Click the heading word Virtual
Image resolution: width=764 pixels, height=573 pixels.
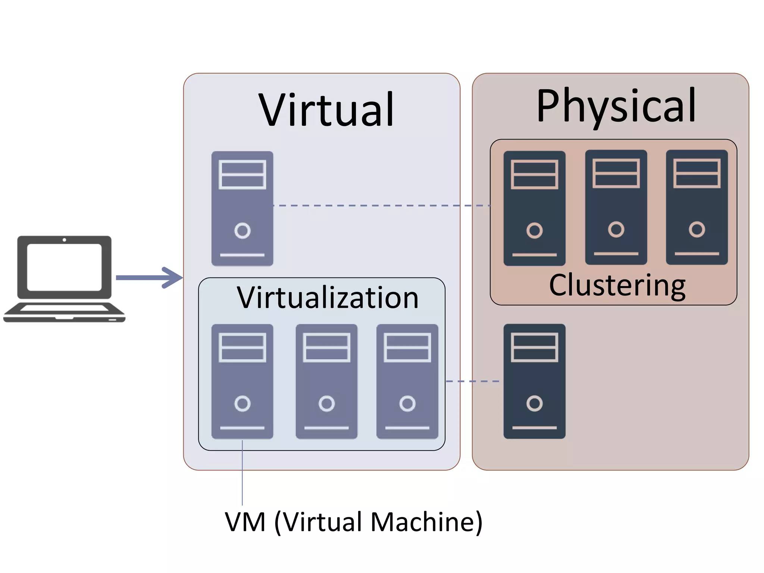(326, 110)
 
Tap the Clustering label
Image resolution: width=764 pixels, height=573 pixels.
(617, 285)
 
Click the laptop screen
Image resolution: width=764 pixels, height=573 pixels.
(64, 267)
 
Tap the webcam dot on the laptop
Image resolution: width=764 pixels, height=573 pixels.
(64, 240)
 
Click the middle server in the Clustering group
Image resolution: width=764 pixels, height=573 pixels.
(616, 207)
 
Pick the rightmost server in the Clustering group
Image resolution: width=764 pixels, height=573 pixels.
(697, 207)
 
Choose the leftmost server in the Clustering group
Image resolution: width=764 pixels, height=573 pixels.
(534, 208)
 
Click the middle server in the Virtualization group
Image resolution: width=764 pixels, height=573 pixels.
(326, 381)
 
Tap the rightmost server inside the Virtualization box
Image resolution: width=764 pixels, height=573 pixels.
(407, 381)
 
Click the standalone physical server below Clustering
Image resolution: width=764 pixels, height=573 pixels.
(534, 381)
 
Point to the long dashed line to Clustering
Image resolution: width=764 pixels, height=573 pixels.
(381, 206)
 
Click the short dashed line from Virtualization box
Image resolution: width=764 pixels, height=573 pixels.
(472, 381)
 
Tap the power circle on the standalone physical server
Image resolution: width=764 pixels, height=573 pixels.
(534, 403)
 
